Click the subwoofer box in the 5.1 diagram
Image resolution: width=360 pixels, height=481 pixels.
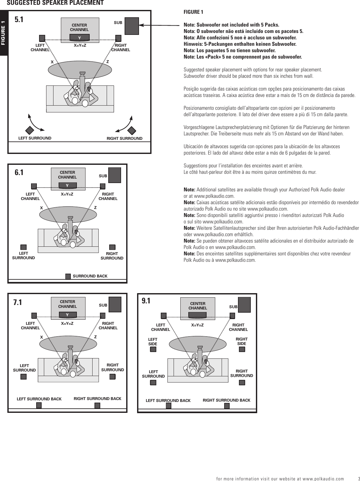132,26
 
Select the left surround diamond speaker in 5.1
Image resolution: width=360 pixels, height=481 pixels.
30,131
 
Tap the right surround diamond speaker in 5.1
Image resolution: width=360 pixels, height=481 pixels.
132,131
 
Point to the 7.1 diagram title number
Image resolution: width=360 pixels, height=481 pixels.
18,302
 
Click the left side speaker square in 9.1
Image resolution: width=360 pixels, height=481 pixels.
153,349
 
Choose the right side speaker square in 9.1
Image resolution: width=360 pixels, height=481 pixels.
242,349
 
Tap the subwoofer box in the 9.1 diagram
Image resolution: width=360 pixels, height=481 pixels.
244,305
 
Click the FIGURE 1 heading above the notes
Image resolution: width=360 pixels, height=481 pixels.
193,12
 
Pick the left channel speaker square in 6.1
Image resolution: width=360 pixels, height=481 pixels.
34,186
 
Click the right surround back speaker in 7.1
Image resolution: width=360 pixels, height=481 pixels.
97,406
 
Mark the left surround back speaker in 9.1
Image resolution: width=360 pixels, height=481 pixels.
168,406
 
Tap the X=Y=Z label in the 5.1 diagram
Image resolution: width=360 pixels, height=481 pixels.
80,45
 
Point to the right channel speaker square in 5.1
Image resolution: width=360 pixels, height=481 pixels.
118,38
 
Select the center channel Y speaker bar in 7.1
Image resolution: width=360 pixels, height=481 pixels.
67,315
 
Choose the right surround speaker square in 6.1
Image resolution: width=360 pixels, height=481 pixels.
112,247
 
